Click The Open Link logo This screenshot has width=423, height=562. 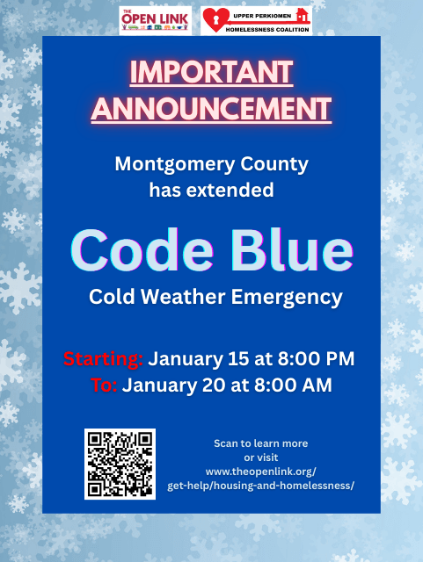157,18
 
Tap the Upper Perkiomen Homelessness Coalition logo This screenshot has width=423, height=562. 255,19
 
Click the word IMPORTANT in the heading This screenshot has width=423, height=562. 211,72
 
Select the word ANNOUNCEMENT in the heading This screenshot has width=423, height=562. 211,108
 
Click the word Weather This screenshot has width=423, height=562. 187,297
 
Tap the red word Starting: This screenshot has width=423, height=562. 103,359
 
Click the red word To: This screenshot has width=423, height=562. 105,385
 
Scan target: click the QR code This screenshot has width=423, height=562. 120,464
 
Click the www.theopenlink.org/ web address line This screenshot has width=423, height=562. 260,472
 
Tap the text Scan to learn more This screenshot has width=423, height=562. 260,443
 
